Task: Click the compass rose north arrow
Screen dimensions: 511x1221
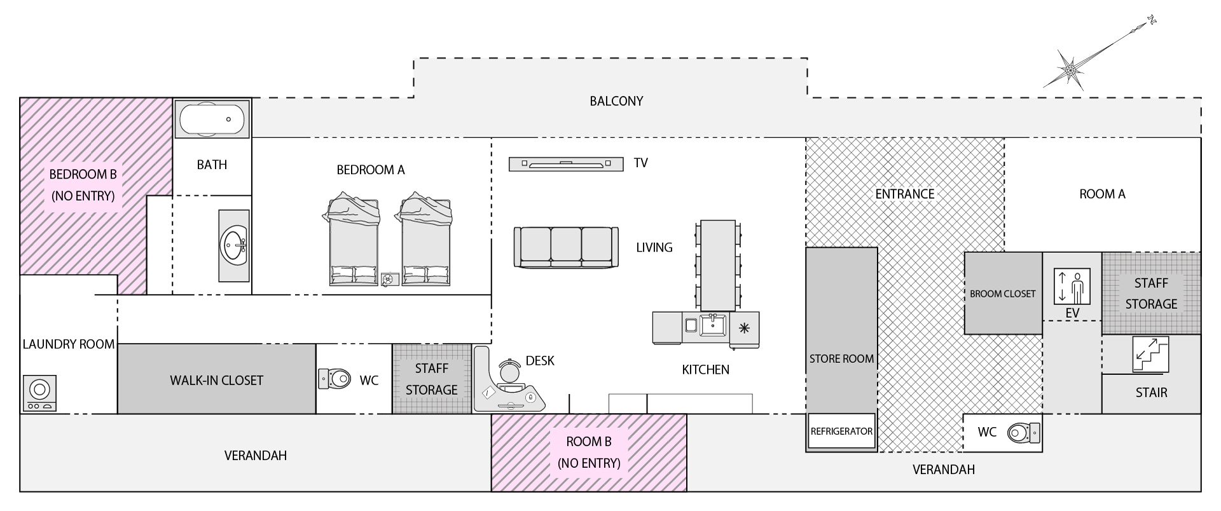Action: (1071, 67)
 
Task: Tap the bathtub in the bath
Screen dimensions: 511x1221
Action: (212, 119)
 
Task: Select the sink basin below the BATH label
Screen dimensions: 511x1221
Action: (234, 245)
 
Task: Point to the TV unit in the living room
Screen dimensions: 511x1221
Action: (565, 164)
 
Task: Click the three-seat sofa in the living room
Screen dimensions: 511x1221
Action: (566, 247)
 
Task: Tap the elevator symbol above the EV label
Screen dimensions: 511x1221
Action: (1072, 286)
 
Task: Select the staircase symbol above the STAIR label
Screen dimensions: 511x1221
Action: (1150, 354)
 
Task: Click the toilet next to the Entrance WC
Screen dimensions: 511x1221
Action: (1024, 433)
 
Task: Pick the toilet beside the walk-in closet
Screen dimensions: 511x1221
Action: (335, 379)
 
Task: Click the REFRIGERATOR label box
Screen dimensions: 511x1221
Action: (841, 432)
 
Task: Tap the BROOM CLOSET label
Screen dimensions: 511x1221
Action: (1002, 294)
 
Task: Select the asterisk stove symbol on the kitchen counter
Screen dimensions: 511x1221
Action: (744, 328)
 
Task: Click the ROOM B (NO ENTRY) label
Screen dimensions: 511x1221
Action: (589, 452)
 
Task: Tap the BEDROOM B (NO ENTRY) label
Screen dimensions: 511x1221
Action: (83, 184)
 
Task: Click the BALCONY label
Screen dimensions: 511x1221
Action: (616, 101)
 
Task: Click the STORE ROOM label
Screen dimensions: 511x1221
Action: (841, 359)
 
